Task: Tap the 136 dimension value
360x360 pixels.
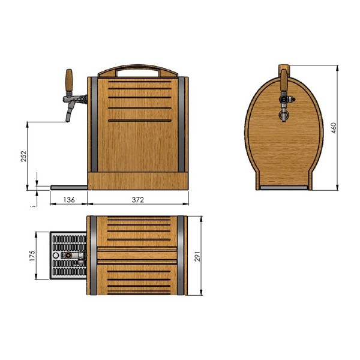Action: coord(69,200)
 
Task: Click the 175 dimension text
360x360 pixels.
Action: coord(33,256)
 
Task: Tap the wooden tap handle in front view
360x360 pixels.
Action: coord(283,77)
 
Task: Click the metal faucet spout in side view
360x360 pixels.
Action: coord(71,112)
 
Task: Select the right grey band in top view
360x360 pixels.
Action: coord(181,256)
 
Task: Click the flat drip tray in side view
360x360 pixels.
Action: coord(69,187)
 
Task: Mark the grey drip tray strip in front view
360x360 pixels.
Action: coord(284,188)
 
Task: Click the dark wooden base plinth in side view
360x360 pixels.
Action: coord(138,181)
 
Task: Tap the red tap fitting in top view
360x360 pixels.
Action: coord(70,255)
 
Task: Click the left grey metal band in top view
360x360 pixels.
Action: coord(93,256)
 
